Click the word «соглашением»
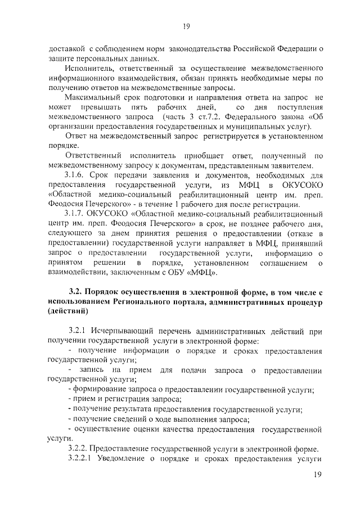point(283,262)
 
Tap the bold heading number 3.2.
point(75,292)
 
